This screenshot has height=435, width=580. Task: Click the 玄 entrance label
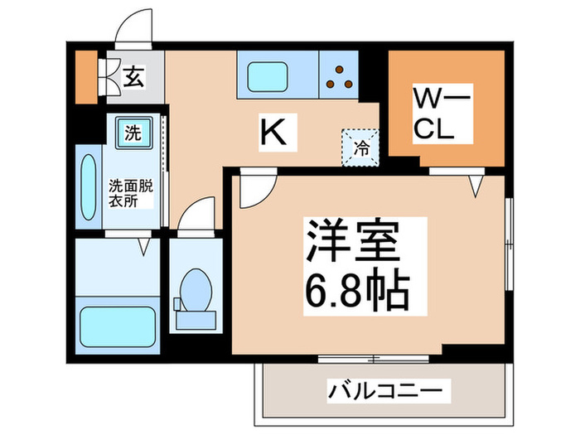point(132,78)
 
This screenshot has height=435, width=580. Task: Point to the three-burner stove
point(341,75)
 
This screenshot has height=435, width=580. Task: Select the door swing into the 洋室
point(253,190)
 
